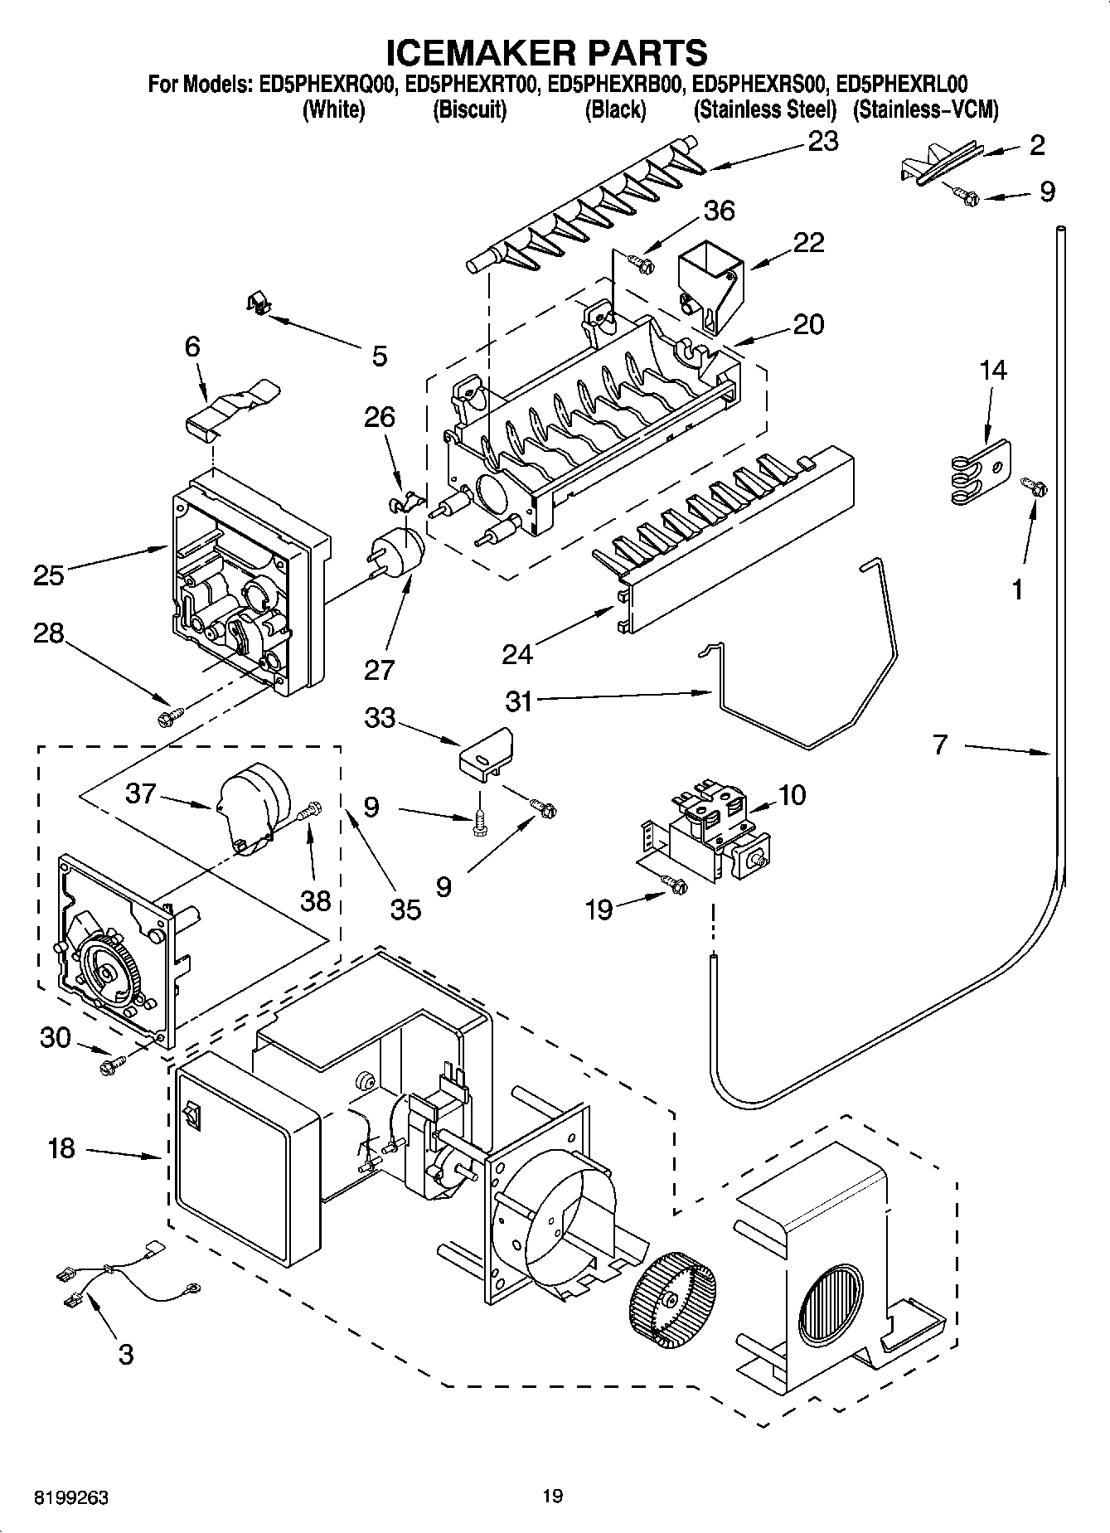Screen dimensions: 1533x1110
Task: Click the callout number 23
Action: point(822,142)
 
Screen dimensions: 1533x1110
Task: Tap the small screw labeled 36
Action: point(642,264)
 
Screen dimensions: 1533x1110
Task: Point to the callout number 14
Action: point(992,370)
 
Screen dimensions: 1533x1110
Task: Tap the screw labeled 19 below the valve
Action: point(676,886)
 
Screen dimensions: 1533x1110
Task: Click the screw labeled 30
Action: point(110,1065)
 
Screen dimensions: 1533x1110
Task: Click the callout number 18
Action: point(61,1148)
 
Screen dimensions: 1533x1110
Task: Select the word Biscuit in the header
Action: point(469,109)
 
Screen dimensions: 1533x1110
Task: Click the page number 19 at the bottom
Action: point(552,1496)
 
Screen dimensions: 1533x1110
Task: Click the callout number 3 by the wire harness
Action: point(125,1354)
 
